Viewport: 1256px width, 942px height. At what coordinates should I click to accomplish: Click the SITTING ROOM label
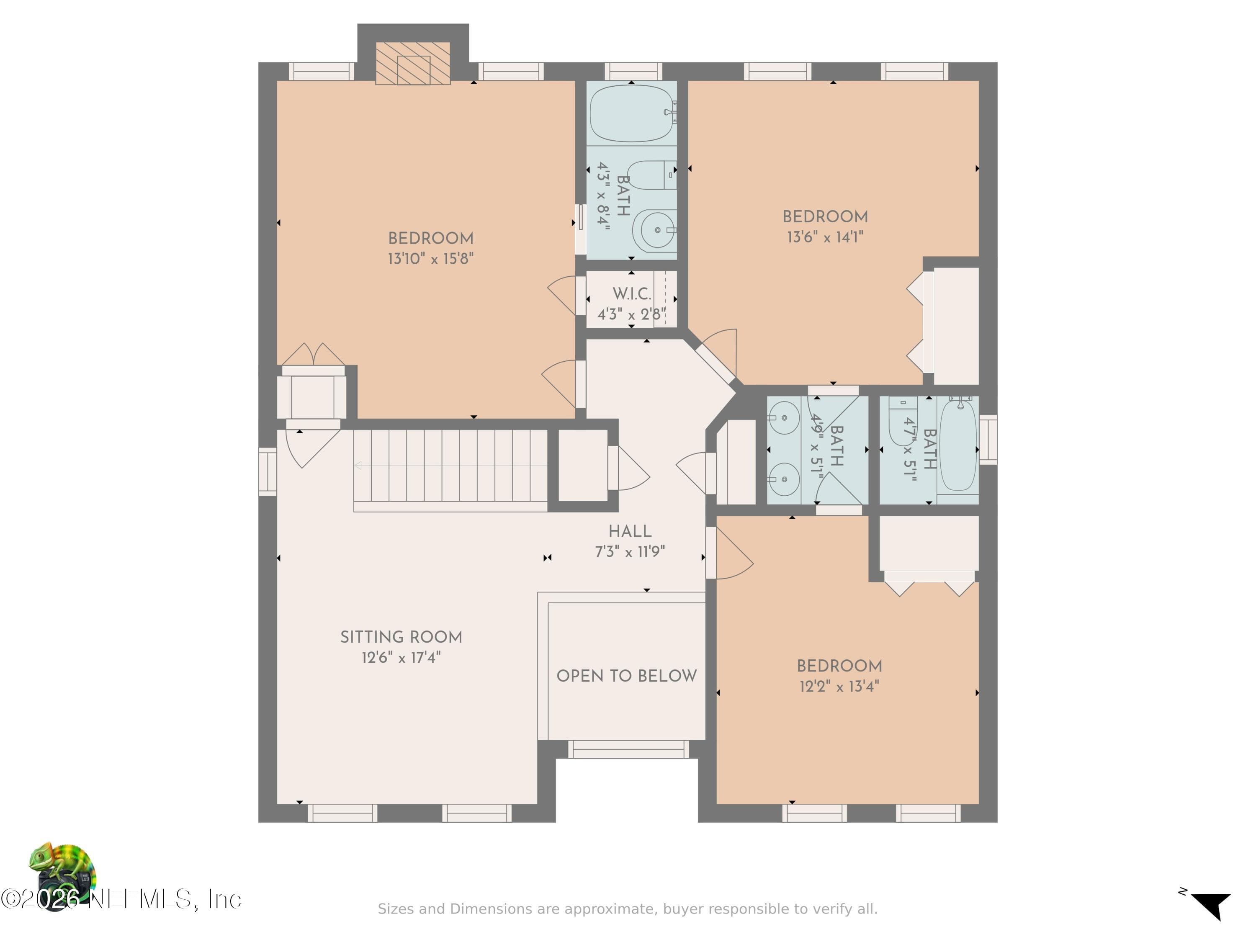[x=401, y=637]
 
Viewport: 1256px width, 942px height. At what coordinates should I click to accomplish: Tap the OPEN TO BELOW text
[x=626, y=676]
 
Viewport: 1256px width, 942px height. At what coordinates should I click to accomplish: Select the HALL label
[x=630, y=531]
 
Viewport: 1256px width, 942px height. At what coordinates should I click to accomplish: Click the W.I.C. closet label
[x=631, y=294]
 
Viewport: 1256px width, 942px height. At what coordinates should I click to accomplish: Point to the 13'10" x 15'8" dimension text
[x=430, y=259]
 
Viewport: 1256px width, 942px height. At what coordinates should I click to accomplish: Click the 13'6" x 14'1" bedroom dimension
[x=825, y=237]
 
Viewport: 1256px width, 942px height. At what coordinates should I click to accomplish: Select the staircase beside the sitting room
[x=450, y=471]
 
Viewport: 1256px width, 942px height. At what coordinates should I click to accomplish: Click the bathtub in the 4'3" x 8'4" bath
[x=631, y=113]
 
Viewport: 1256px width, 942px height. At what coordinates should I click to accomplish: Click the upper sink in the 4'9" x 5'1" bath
[x=784, y=417]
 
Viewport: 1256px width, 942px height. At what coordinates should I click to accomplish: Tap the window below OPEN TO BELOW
[x=628, y=749]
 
